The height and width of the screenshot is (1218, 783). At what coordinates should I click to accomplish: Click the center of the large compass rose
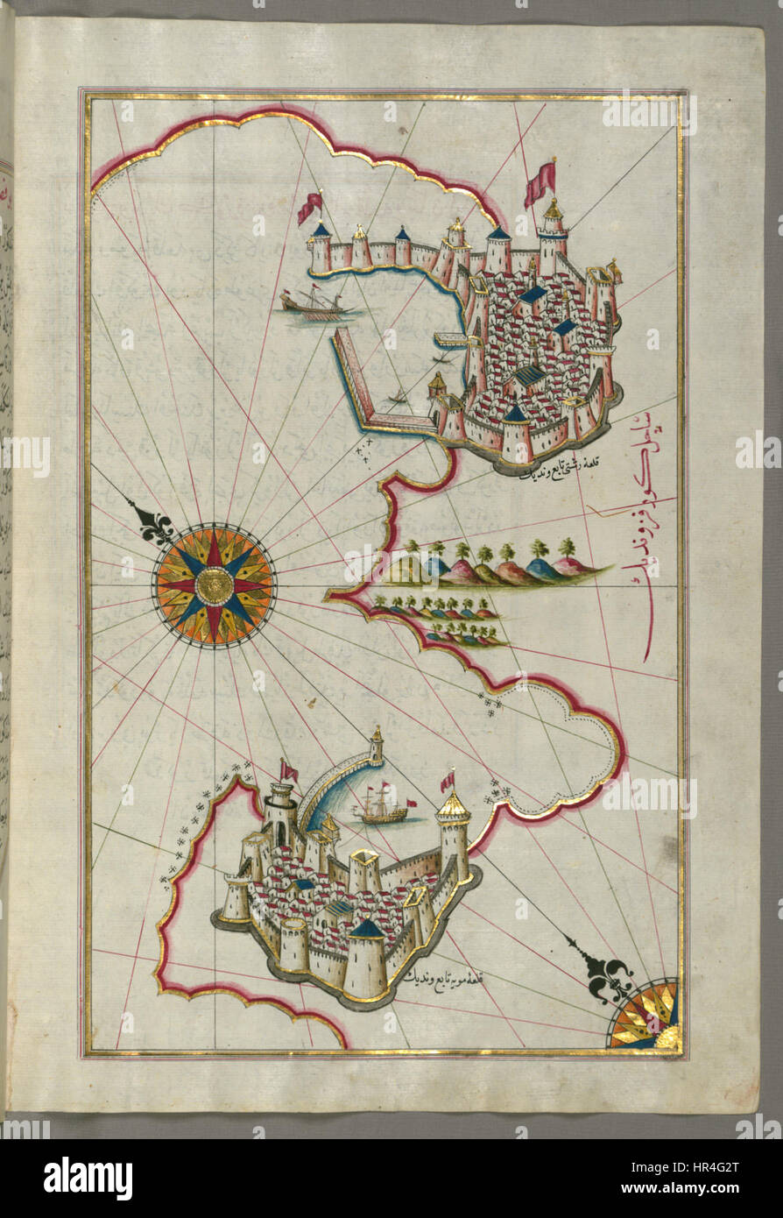tap(214, 584)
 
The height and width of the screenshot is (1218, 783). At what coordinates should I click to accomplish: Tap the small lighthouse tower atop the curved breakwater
tap(376, 747)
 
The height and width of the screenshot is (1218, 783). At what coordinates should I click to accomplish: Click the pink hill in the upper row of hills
tap(462, 573)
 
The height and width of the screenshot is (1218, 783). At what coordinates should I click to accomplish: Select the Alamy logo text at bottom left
tap(88, 1179)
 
